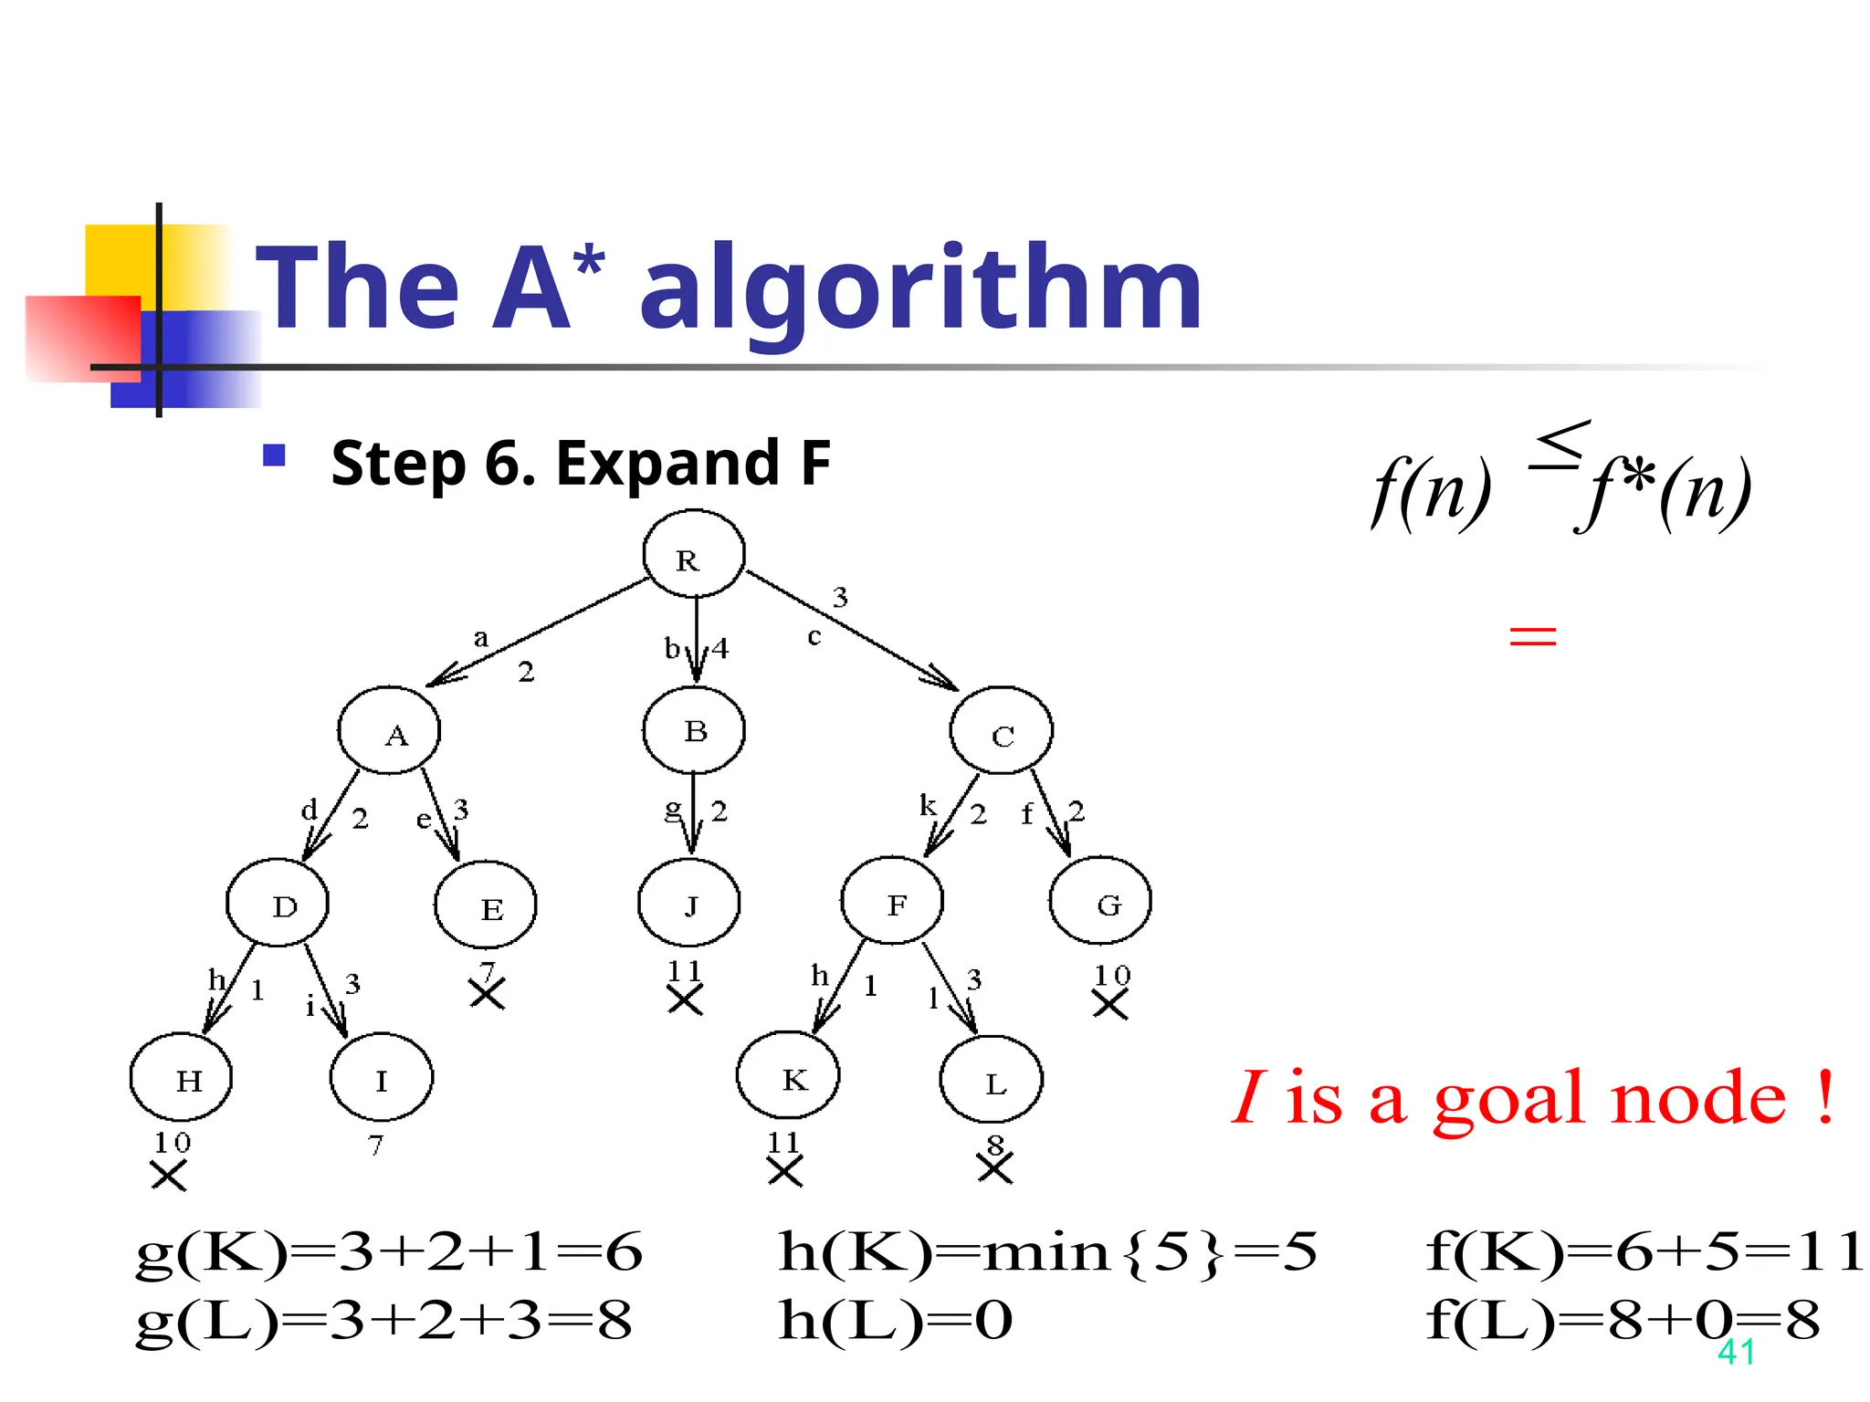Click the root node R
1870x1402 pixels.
click(693, 554)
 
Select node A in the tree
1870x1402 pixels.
click(389, 730)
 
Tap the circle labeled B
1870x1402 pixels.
click(694, 730)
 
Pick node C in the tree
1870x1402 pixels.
click(1001, 731)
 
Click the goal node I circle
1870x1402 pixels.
click(382, 1078)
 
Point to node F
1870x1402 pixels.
click(892, 901)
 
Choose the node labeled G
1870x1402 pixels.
click(1100, 901)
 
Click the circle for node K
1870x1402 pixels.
click(788, 1076)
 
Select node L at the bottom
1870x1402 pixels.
click(991, 1080)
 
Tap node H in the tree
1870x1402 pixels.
click(181, 1078)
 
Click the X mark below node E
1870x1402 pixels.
click(488, 994)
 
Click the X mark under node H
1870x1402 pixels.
click(169, 1175)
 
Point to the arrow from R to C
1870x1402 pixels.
click(851, 631)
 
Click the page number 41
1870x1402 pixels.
click(1736, 1352)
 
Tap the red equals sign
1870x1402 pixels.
click(1532, 635)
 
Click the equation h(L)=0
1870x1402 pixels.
click(895, 1320)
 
